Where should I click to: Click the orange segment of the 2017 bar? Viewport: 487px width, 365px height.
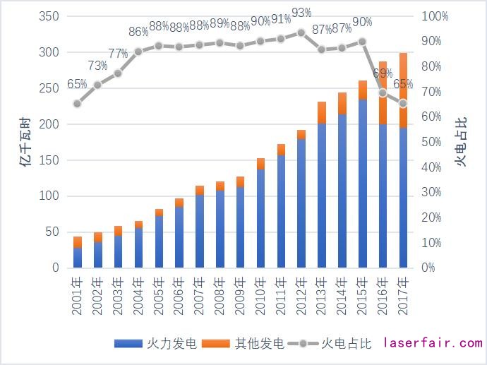point(403,90)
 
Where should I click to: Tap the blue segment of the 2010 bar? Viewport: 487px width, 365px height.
point(260,218)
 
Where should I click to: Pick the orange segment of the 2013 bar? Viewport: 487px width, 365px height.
point(322,112)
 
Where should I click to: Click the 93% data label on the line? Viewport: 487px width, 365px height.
point(301,13)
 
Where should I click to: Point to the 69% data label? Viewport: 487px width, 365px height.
point(383,73)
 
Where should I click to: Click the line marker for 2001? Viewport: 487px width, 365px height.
point(77,103)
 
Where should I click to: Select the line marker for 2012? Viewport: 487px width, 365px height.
point(301,32)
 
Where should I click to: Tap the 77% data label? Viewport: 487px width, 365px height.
point(118,54)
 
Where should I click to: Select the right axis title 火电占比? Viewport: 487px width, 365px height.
point(461,141)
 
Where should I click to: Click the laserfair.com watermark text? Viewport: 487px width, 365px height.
point(433,343)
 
